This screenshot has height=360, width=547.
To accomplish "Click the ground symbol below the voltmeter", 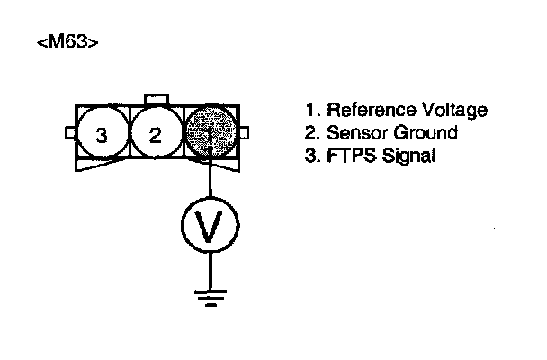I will pos(210,296).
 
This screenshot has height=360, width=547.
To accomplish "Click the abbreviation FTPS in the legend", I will pos(347,156).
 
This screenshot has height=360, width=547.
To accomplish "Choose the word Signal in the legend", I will pos(400,156).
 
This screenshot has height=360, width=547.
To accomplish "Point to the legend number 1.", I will pos(310,111).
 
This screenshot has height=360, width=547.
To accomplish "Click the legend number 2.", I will pos(311,133).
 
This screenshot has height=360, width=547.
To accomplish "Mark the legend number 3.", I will pos(311,156).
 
